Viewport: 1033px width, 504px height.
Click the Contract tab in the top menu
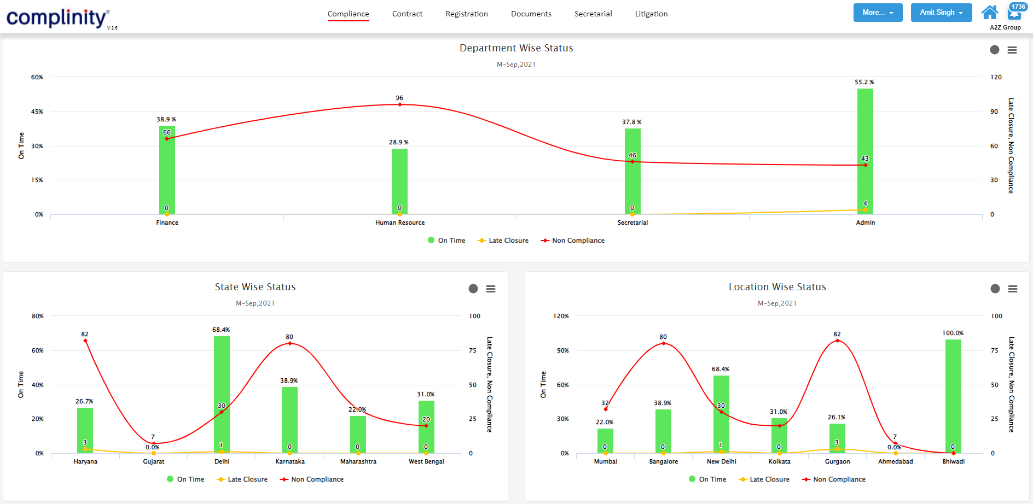[407, 14]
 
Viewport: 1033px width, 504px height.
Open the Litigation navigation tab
[651, 14]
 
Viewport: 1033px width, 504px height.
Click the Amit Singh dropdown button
[941, 13]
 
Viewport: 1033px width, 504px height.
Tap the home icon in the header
[989, 12]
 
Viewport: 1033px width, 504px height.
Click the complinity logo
[57, 18]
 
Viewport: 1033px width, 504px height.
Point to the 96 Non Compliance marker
[399, 104]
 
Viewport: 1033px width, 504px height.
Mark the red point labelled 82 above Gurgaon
[837, 341]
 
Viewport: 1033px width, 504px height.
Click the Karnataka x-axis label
[290, 461]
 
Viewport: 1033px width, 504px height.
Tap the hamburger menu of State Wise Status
[491, 289]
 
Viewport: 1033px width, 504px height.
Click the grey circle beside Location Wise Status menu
[995, 289]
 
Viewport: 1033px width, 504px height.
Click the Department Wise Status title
[516, 48]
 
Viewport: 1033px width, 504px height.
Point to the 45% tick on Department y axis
[37, 112]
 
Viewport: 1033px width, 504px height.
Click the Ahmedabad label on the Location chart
[895, 461]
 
